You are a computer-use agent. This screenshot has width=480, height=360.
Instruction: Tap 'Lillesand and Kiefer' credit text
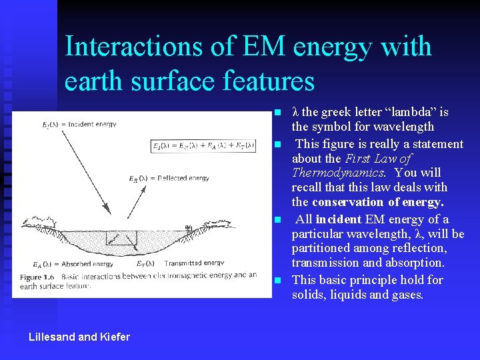point(79,337)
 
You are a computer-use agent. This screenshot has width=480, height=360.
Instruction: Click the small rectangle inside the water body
point(121,238)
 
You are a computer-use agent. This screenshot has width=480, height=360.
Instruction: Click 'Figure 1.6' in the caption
point(37,275)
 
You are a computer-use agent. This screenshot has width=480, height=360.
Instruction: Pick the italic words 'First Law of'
point(377,159)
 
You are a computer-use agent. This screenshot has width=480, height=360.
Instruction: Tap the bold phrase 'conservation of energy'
point(377,202)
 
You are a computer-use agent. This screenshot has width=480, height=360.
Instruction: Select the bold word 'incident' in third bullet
point(338,219)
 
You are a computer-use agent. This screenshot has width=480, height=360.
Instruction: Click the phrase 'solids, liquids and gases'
point(357,294)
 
